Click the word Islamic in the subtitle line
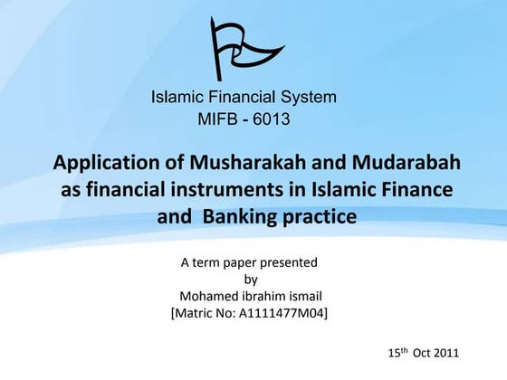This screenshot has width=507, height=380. tap(178, 97)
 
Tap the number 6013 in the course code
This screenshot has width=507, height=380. tap(270, 118)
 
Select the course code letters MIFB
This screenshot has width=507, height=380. tap(217, 118)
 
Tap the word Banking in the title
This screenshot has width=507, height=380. tap(240, 217)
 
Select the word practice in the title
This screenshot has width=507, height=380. tap(318, 217)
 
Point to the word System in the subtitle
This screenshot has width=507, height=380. tap(309, 97)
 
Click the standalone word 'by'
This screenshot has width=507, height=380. tap(252, 280)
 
